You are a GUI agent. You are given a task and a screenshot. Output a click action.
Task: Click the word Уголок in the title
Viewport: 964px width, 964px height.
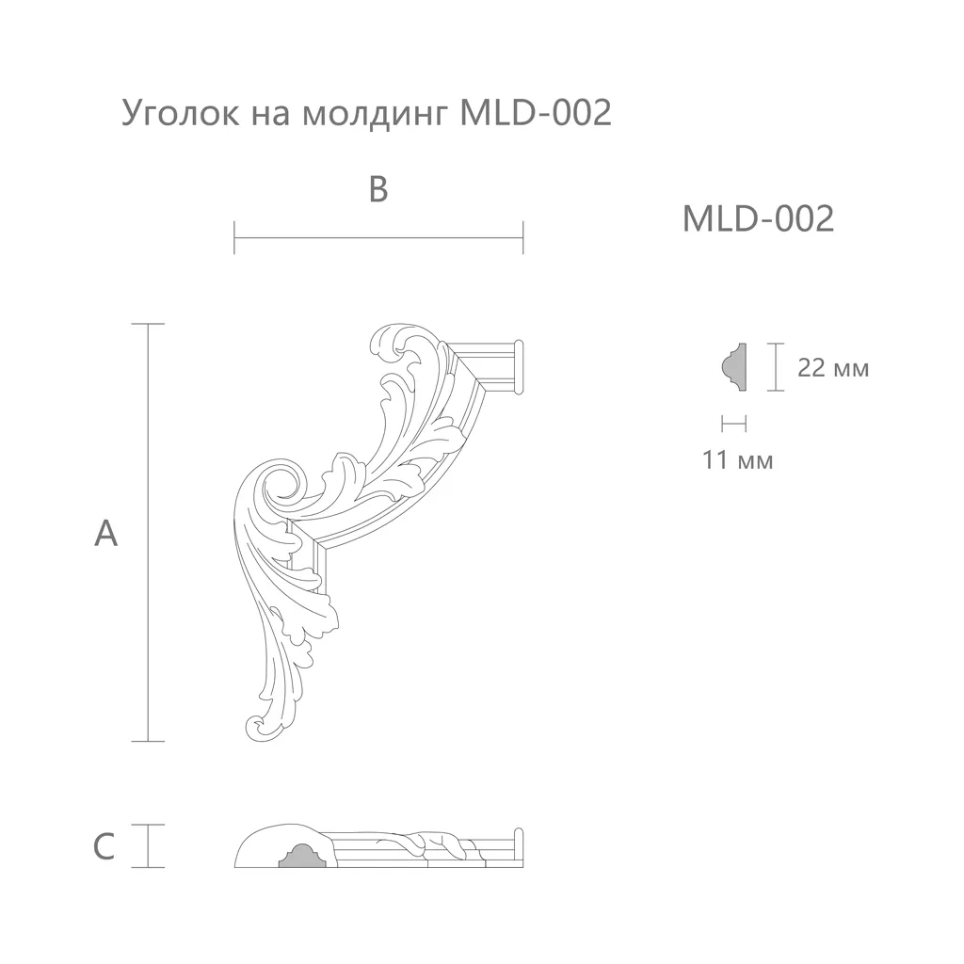point(180,113)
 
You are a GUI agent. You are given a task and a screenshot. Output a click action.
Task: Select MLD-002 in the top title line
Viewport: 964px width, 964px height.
point(536,113)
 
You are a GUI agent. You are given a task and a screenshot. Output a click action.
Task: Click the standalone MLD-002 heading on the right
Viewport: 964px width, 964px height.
point(758,218)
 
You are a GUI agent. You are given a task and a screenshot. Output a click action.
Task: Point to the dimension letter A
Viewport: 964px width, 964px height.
point(105,533)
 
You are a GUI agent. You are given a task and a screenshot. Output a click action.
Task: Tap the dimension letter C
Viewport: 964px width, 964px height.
point(104,846)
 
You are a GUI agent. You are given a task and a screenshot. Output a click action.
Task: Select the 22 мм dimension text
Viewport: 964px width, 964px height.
point(833,368)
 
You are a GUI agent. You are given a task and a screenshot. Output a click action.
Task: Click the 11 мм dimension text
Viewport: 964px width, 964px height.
point(738,459)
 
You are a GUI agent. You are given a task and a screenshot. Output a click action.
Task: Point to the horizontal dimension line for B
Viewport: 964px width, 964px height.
point(378,238)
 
